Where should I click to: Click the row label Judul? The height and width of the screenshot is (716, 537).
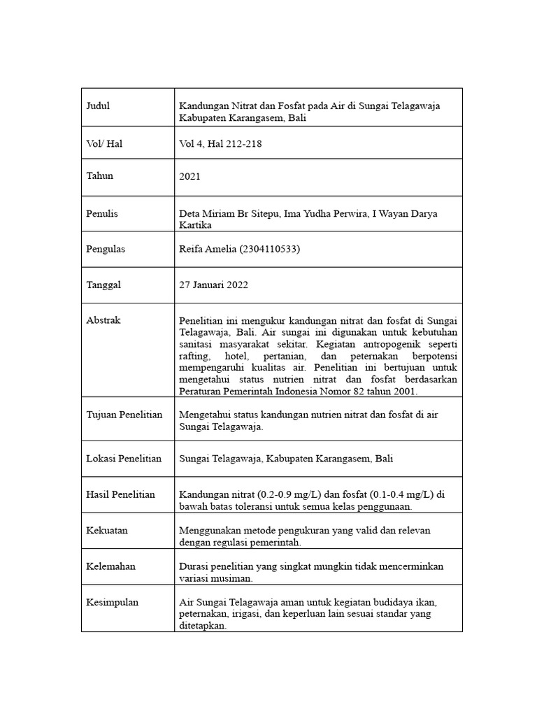pos(98,106)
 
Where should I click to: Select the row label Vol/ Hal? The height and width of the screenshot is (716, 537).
pos(104,143)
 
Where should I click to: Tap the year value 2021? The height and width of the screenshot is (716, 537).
pos(190,177)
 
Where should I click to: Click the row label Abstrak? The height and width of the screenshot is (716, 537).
pos(103,320)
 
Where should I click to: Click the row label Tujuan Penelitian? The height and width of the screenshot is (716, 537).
pos(124,415)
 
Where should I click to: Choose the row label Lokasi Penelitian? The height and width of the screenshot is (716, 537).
pos(124,459)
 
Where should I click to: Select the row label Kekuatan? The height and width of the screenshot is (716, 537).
pos(107,531)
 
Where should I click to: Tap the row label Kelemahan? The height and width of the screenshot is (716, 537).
pos(110,566)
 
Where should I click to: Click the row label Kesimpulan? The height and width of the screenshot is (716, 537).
pos(112,602)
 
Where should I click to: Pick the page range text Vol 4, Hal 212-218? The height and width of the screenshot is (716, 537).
pos(220,143)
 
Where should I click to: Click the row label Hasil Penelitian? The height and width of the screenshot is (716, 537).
pos(120,494)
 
